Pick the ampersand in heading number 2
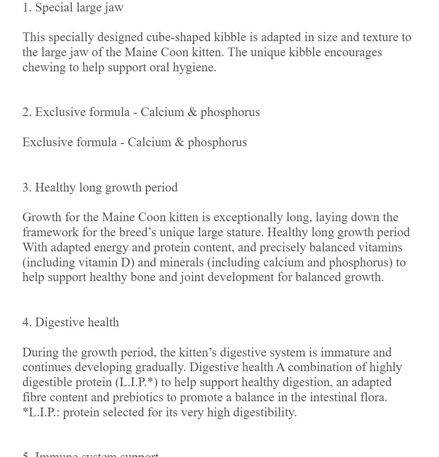tap(193, 112)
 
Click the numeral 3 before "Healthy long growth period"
tap(26, 187)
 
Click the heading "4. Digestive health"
tap(70, 322)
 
